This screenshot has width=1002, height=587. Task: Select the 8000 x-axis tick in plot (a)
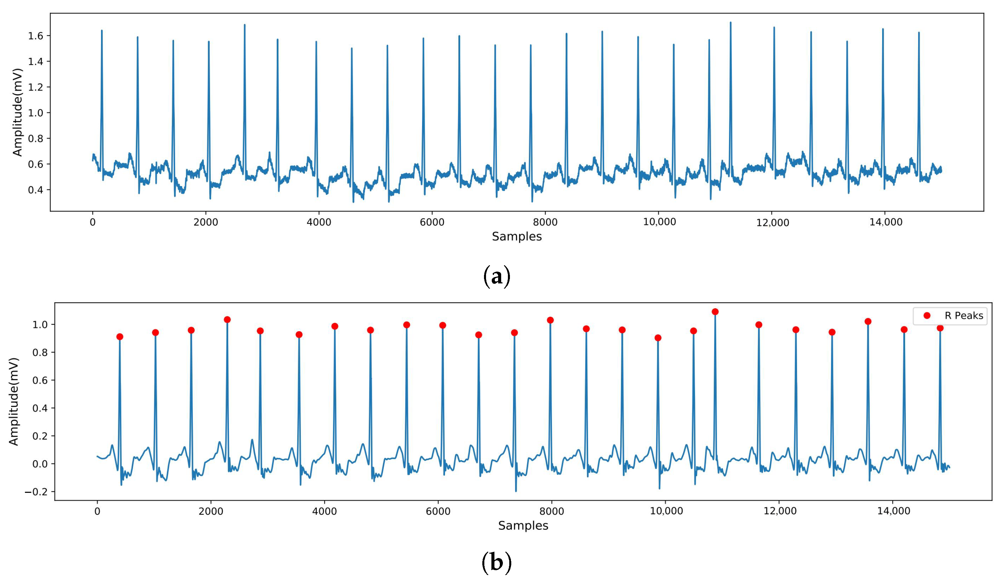545,222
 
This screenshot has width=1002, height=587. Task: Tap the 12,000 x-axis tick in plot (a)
772,222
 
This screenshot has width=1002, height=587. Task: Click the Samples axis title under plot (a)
517,236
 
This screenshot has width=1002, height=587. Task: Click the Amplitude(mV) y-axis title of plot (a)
17,112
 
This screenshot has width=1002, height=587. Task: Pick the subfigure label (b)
497,563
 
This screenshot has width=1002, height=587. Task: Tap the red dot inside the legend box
927,315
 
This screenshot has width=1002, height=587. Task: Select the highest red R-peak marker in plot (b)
715,312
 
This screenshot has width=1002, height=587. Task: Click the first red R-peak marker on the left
120,337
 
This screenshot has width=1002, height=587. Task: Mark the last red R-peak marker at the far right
940,328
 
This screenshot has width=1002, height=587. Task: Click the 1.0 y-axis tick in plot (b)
40,325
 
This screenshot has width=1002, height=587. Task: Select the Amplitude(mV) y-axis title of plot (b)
13,402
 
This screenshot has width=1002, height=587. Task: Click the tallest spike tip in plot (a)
730,23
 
